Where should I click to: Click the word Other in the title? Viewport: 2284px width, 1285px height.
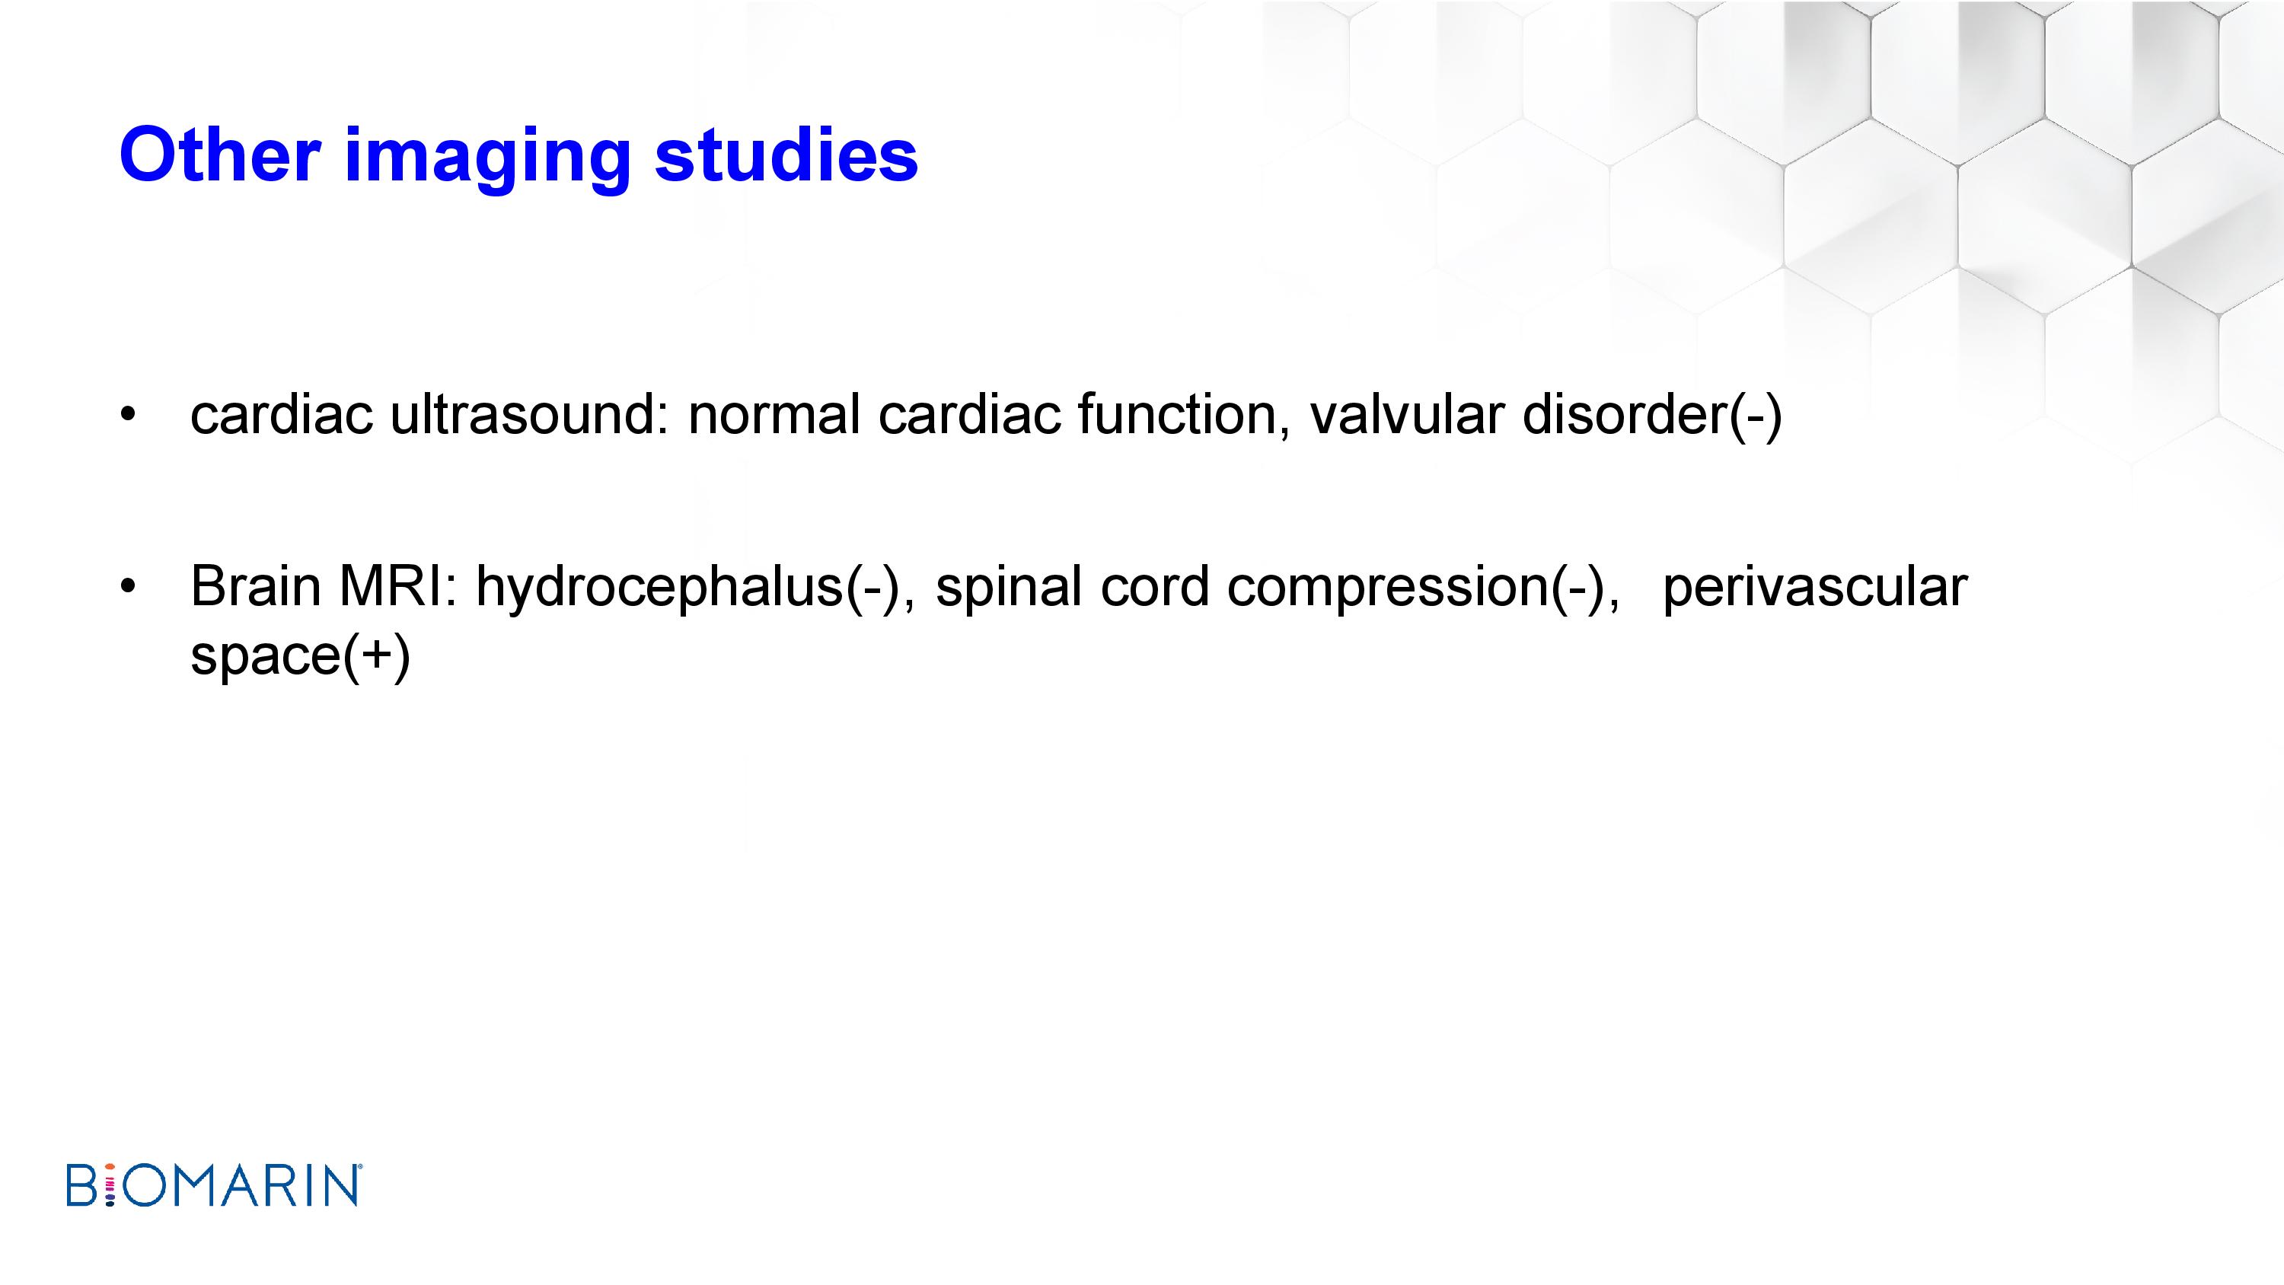pos(220,155)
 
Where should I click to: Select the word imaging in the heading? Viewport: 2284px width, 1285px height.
pos(486,161)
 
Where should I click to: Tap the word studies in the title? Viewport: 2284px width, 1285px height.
pos(786,155)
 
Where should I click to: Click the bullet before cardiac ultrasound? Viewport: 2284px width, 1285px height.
pos(129,414)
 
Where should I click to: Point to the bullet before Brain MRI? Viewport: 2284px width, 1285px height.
pos(129,586)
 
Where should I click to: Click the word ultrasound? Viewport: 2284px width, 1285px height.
pos(528,414)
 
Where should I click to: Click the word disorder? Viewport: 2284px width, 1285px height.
pos(1625,414)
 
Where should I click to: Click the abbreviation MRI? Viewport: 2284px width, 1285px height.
pos(398,586)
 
